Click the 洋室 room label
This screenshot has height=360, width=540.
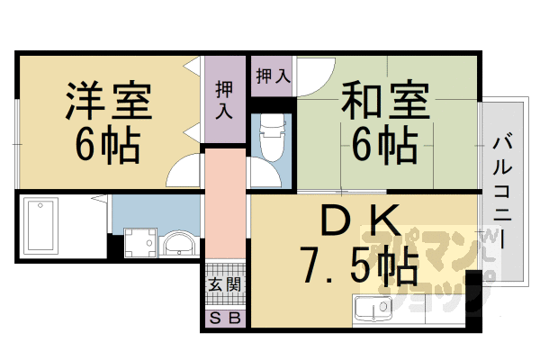(x=107, y=100)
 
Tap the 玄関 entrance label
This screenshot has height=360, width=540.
(x=225, y=285)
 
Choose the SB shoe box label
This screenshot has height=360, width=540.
(x=225, y=318)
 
